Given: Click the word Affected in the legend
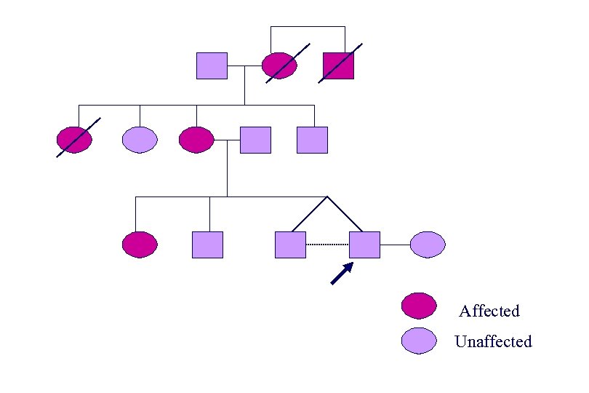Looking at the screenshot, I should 489,311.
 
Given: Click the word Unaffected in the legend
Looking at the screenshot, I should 493,341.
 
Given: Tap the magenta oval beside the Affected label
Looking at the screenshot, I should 419,306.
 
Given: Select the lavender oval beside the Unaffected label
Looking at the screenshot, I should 419,340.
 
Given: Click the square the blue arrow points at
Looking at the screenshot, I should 364,245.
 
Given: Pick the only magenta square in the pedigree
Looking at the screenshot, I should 338,66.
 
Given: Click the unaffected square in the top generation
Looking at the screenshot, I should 212,66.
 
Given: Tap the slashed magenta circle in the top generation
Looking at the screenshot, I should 280,66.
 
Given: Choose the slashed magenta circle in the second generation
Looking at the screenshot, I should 75,140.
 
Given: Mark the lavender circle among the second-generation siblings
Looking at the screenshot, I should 140,140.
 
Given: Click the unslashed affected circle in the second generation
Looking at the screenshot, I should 196,140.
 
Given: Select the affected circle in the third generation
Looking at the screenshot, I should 140,245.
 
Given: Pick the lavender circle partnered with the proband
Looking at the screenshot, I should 427,245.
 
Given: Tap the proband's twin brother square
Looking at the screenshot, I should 290,245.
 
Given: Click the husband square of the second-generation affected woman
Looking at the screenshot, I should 255,140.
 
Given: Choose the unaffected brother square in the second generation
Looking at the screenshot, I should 313,140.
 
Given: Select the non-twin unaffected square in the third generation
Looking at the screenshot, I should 207,245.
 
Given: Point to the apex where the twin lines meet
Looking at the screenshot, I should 327,197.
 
